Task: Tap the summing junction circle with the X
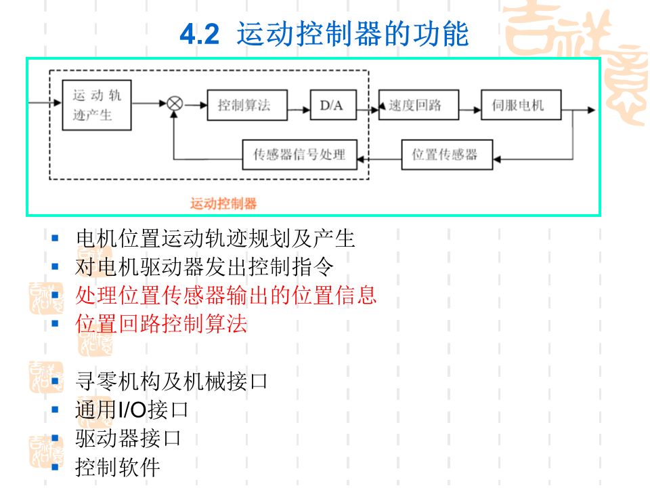point(175,104)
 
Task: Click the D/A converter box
point(332,105)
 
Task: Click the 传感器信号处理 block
point(299,155)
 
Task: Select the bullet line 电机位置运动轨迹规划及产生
point(215,239)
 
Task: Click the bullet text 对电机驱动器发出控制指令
point(204,267)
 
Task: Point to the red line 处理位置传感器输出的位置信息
point(226,296)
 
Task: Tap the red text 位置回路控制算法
point(162,324)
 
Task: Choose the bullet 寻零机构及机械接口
point(172,381)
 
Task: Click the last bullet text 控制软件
point(118,467)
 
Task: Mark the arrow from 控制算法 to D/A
point(299,105)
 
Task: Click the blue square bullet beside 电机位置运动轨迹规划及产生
point(56,238)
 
